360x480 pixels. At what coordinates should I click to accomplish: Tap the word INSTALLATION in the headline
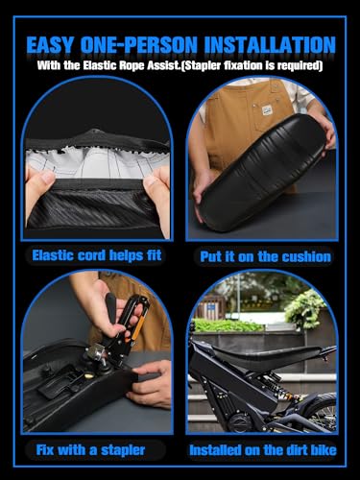(270, 45)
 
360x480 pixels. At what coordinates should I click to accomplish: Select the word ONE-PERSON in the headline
(139, 45)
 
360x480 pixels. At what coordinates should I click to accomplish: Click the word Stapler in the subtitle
(203, 65)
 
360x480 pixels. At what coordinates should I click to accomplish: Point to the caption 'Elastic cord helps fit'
(97, 255)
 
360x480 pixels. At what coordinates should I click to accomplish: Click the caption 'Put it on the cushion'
(265, 256)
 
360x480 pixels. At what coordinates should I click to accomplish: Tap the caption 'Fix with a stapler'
(90, 450)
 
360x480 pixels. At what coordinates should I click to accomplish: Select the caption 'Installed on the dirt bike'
(263, 450)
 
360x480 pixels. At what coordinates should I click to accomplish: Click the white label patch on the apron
(267, 110)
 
